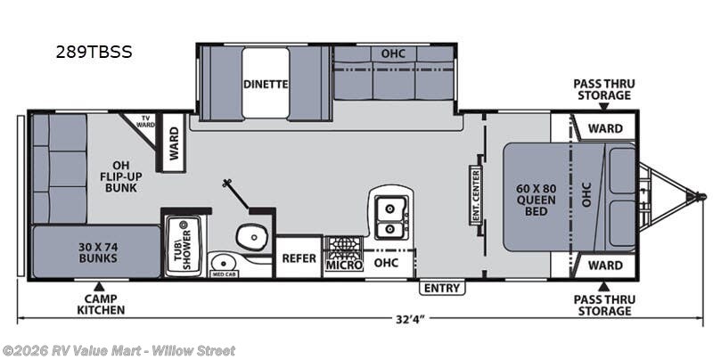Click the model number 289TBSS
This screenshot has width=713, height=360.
point(94,52)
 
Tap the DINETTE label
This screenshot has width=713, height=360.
point(266,85)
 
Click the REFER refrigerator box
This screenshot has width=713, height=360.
point(299,258)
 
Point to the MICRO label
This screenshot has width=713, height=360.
point(344,264)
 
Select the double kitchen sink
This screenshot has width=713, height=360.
point(390,217)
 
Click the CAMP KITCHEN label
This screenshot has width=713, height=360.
point(99,305)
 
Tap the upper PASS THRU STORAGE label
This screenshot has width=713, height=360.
point(603,89)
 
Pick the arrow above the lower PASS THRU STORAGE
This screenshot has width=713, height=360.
point(603,286)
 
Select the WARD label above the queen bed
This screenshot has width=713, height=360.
point(605,128)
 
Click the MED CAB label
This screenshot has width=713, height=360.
point(223,274)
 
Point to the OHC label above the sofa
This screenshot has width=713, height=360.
point(393,53)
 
